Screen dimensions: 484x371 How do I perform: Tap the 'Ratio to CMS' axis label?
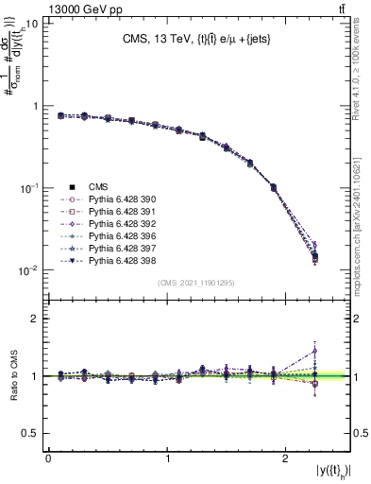tap(12, 375)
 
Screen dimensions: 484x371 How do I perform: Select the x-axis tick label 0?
tap(48, 458)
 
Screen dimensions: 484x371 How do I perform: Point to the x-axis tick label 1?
tap(167, 458)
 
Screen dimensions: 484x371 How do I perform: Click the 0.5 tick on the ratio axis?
tap(32, 433)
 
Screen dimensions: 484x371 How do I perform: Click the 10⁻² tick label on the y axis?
tap(27, 270)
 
